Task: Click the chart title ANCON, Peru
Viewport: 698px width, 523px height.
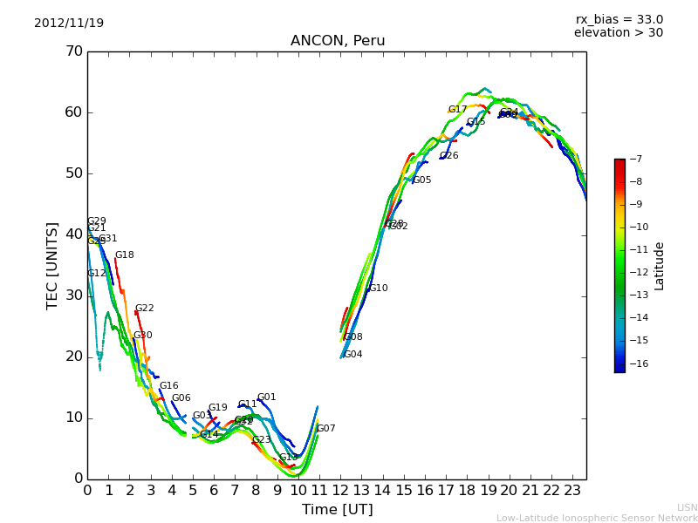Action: coord(337,41)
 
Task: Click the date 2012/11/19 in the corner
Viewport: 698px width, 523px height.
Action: coord(69,23)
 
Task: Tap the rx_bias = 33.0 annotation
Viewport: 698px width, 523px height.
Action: coord(619,19)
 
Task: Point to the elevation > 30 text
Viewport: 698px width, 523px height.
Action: coord(618,33)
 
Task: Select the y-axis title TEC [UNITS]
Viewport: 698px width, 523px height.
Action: coord(52,265)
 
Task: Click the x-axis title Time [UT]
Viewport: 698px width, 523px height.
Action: coord(337,510)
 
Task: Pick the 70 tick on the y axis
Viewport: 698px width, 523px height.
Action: coord(73,51)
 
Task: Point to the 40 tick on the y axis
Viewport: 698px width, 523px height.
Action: coord(73,234)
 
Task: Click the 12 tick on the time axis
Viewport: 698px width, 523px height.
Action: coord(340,491)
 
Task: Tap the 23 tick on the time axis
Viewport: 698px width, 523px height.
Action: coord(572,491)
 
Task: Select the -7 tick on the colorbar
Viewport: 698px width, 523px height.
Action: coord(635,159)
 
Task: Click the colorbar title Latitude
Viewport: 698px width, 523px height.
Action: coord(660,265)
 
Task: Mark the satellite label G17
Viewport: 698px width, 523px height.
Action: coord(457,110)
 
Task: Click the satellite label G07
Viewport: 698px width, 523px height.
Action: coord(325,429)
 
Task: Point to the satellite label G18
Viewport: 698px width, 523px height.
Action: coord(124,255)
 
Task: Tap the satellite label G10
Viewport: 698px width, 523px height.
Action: coord(378,289)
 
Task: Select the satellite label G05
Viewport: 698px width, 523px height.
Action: coord(421,180)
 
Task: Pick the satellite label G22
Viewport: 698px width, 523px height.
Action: coord(144,309)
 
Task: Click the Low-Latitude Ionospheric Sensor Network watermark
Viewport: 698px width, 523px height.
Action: coord(597,519)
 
